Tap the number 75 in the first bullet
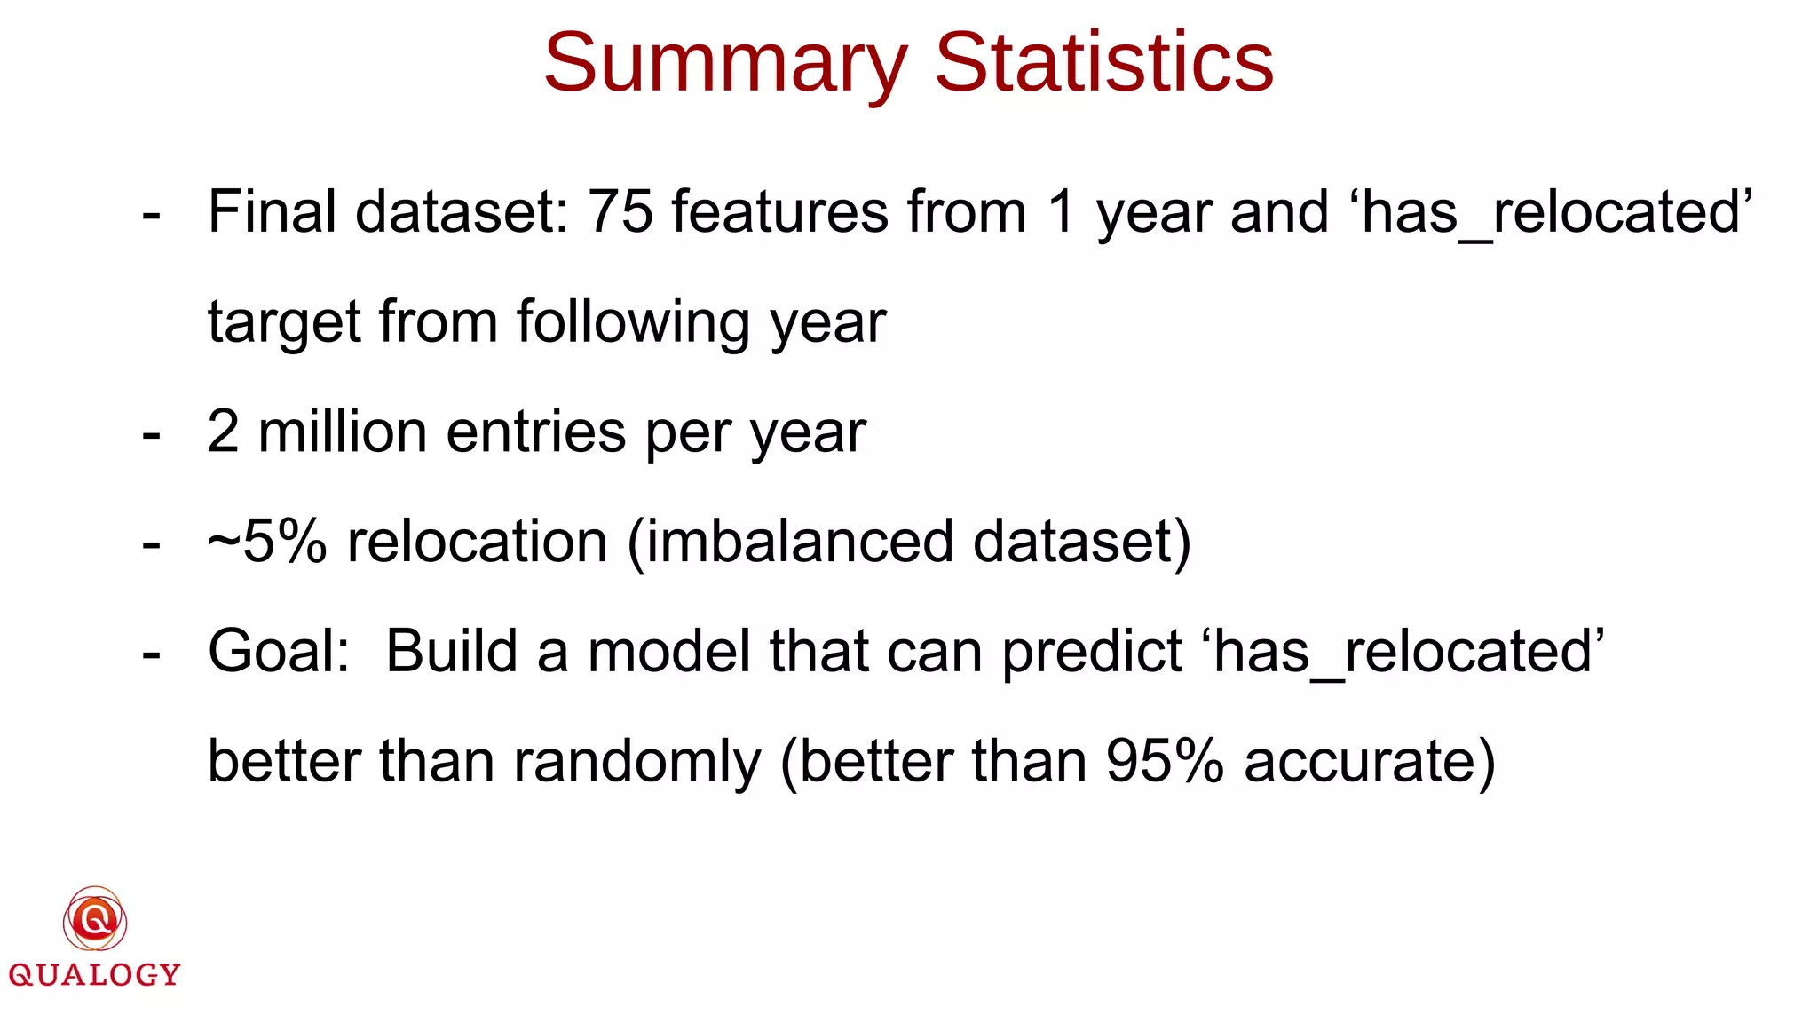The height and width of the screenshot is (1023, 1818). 620,212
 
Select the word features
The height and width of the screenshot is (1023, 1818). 779,212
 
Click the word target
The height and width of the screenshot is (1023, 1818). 283,322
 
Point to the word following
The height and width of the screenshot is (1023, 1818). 634,322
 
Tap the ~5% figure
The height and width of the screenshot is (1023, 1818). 267,542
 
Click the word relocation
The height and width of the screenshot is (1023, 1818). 477,542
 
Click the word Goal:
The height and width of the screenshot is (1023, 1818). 279,652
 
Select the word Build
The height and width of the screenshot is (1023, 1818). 451,652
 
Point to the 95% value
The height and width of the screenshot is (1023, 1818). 1165,762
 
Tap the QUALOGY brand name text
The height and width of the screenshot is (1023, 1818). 95,975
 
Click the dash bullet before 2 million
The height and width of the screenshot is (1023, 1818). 152,435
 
